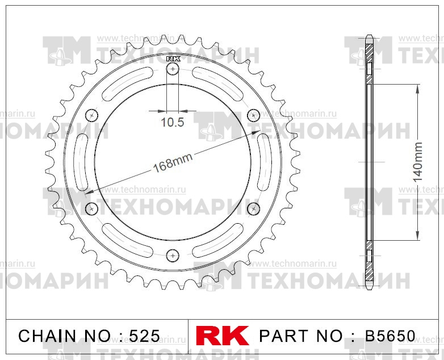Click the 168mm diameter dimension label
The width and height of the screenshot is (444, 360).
[173, 163]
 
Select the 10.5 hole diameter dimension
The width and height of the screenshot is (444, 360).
[173, 122]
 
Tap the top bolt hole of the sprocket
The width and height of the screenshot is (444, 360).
[173, 69]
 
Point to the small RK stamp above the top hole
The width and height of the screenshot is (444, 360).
[173, 58]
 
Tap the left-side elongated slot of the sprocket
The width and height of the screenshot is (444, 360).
[81, 162]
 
